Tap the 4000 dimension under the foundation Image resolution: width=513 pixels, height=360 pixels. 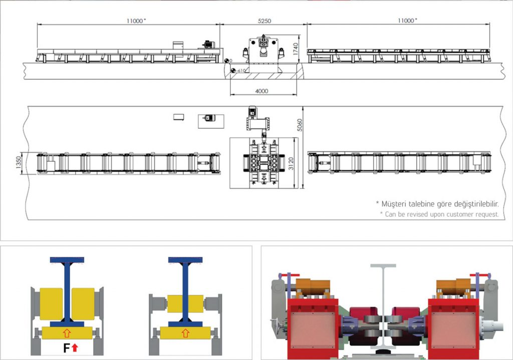click(x=262, y=92)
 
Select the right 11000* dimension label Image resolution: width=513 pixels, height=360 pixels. click(x=407, y=21)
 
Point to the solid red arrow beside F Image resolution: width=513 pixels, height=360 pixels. click(x=75, y=347)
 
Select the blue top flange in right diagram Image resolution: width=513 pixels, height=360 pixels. click(x=185, y=260)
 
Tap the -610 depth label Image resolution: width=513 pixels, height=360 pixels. click(x=240, y=71)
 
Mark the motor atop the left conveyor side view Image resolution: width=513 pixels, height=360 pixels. click(x=207, y=44)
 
